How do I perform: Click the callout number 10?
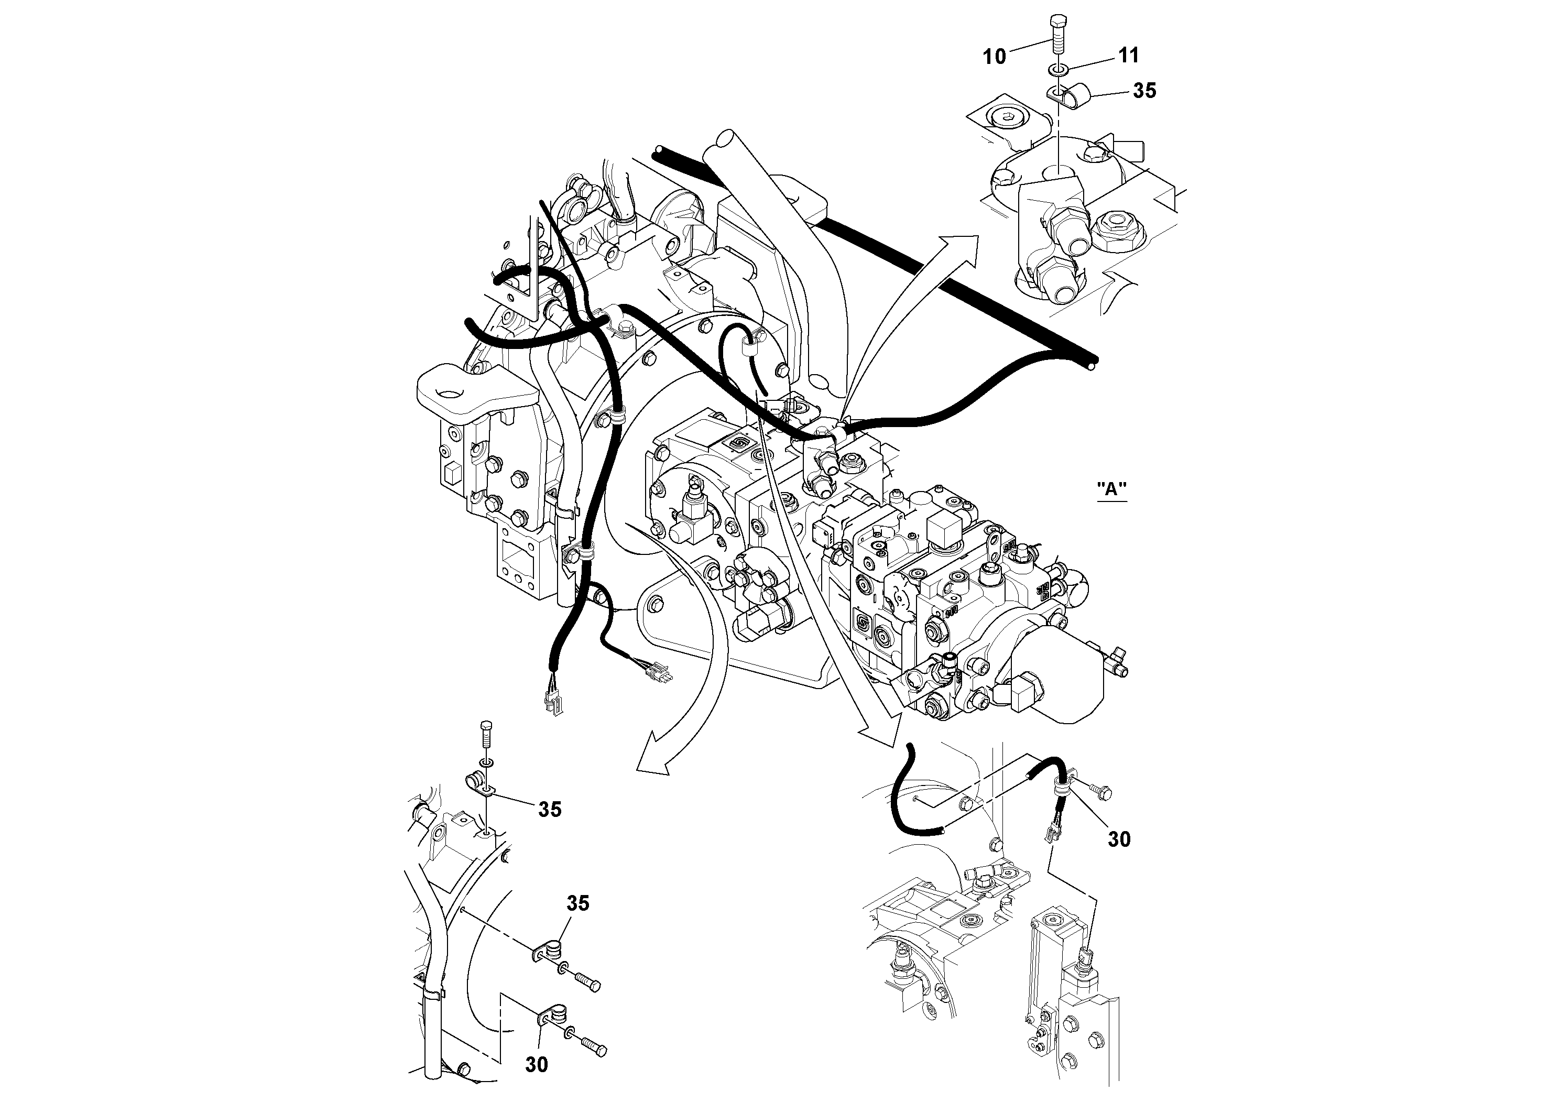(x=994, y=57)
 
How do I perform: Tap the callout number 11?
(x=1128, y=55)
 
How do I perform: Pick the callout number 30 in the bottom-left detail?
(x=536, y=1065)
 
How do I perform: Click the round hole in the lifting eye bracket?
(x=449, y=392)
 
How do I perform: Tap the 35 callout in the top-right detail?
(x=1144, y=91)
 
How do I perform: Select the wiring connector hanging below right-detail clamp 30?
(x=1051, y=833)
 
